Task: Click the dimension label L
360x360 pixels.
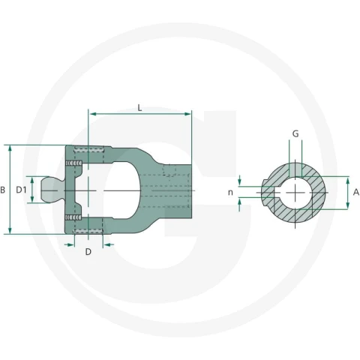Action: [139, 108]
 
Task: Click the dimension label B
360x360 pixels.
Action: [2, 190]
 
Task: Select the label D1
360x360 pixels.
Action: [21, 190]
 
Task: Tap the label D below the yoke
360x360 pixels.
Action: [88, 252]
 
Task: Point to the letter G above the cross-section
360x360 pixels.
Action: [295, 133]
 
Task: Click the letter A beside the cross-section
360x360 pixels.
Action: [356, 192]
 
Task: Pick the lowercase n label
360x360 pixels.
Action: [230, 193]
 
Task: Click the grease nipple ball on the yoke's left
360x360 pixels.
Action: [50, 190]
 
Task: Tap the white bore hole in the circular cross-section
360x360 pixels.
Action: [295, 193]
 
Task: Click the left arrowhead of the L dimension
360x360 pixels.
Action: [93, 114]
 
